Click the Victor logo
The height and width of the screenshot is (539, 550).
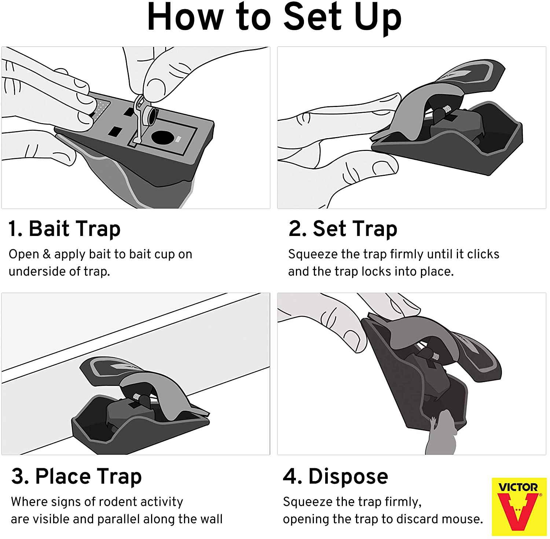(x=519, y=507)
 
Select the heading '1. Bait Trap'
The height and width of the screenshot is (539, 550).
(x=65, y=229)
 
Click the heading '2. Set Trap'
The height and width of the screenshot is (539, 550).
(x=343, y=229)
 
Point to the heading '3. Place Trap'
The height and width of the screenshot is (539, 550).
(x=76, y=476)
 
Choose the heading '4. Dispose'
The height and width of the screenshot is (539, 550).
(x=335, y=476)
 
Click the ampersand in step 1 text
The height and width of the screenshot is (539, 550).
(x=47, y=254)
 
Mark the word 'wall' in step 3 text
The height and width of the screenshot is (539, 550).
(x=210, y=519)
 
